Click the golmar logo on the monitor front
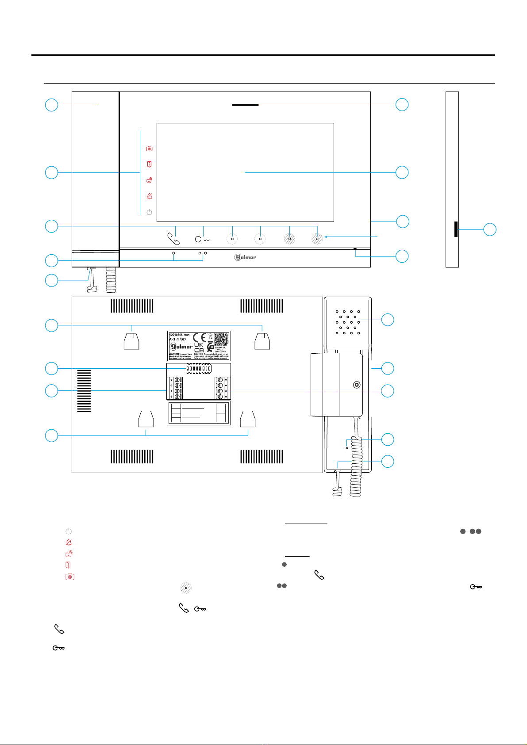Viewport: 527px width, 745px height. pos(245,257)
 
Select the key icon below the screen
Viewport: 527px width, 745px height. pos(204,240)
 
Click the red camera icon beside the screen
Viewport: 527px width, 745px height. pos(150,149)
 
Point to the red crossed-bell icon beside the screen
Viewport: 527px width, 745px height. pos(150,196)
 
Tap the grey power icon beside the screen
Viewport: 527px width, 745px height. pos(150,212)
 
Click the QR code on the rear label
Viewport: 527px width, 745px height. pos(222,339)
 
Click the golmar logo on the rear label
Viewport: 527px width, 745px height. pos(181,347)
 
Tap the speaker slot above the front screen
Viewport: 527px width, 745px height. pos(245,105)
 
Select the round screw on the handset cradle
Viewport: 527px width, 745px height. pos(357,385)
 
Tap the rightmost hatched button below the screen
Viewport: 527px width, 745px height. pos(317,239)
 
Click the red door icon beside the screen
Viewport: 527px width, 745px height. pos(150,164)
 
